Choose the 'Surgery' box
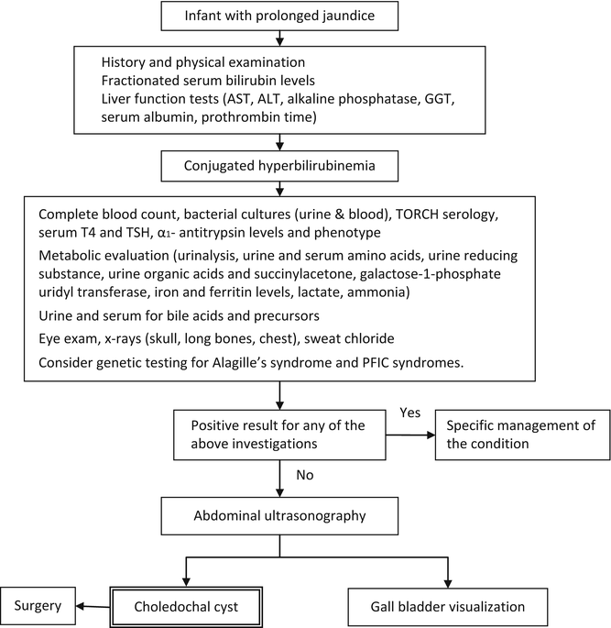(37, 605)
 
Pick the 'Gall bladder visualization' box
(448, 606)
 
